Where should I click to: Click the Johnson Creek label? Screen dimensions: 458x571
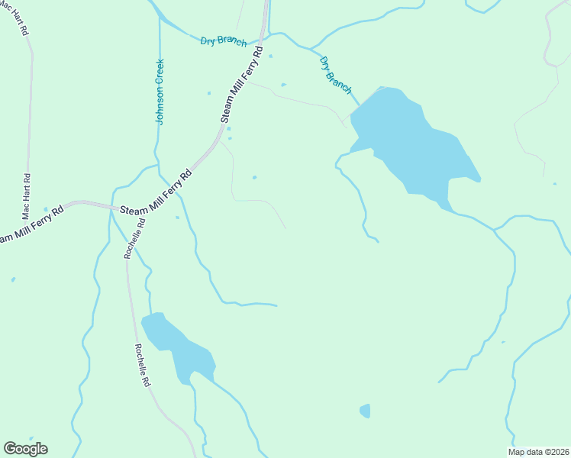160,92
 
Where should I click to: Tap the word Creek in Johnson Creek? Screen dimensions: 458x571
160,74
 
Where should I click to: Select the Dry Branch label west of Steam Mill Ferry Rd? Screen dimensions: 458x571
223,40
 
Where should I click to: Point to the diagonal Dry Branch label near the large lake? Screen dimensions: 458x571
336,75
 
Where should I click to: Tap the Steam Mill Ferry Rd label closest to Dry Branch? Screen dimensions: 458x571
242,84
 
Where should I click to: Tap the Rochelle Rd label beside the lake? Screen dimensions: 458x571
143,365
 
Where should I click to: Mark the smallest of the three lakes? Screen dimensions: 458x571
365,411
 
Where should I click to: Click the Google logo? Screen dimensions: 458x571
25,449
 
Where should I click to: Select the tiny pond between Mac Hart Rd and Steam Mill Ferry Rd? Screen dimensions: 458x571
46,209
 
